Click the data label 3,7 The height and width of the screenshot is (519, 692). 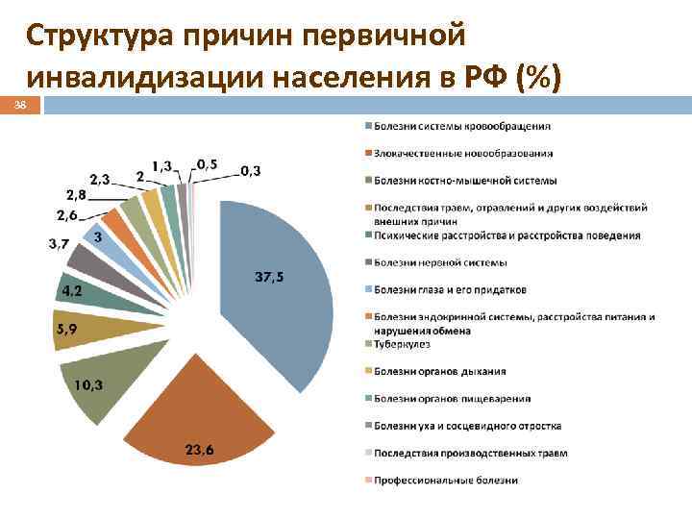tap(59, 244)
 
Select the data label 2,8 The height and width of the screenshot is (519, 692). tap(76, 195)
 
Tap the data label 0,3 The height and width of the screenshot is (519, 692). tap(251, 170)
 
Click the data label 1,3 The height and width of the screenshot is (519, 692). tap(163, 165)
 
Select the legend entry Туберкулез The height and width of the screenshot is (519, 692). tap(403, 343)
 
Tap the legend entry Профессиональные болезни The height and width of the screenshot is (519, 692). tap(447, 480)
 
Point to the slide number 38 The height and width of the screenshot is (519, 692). tap(20, 106)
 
